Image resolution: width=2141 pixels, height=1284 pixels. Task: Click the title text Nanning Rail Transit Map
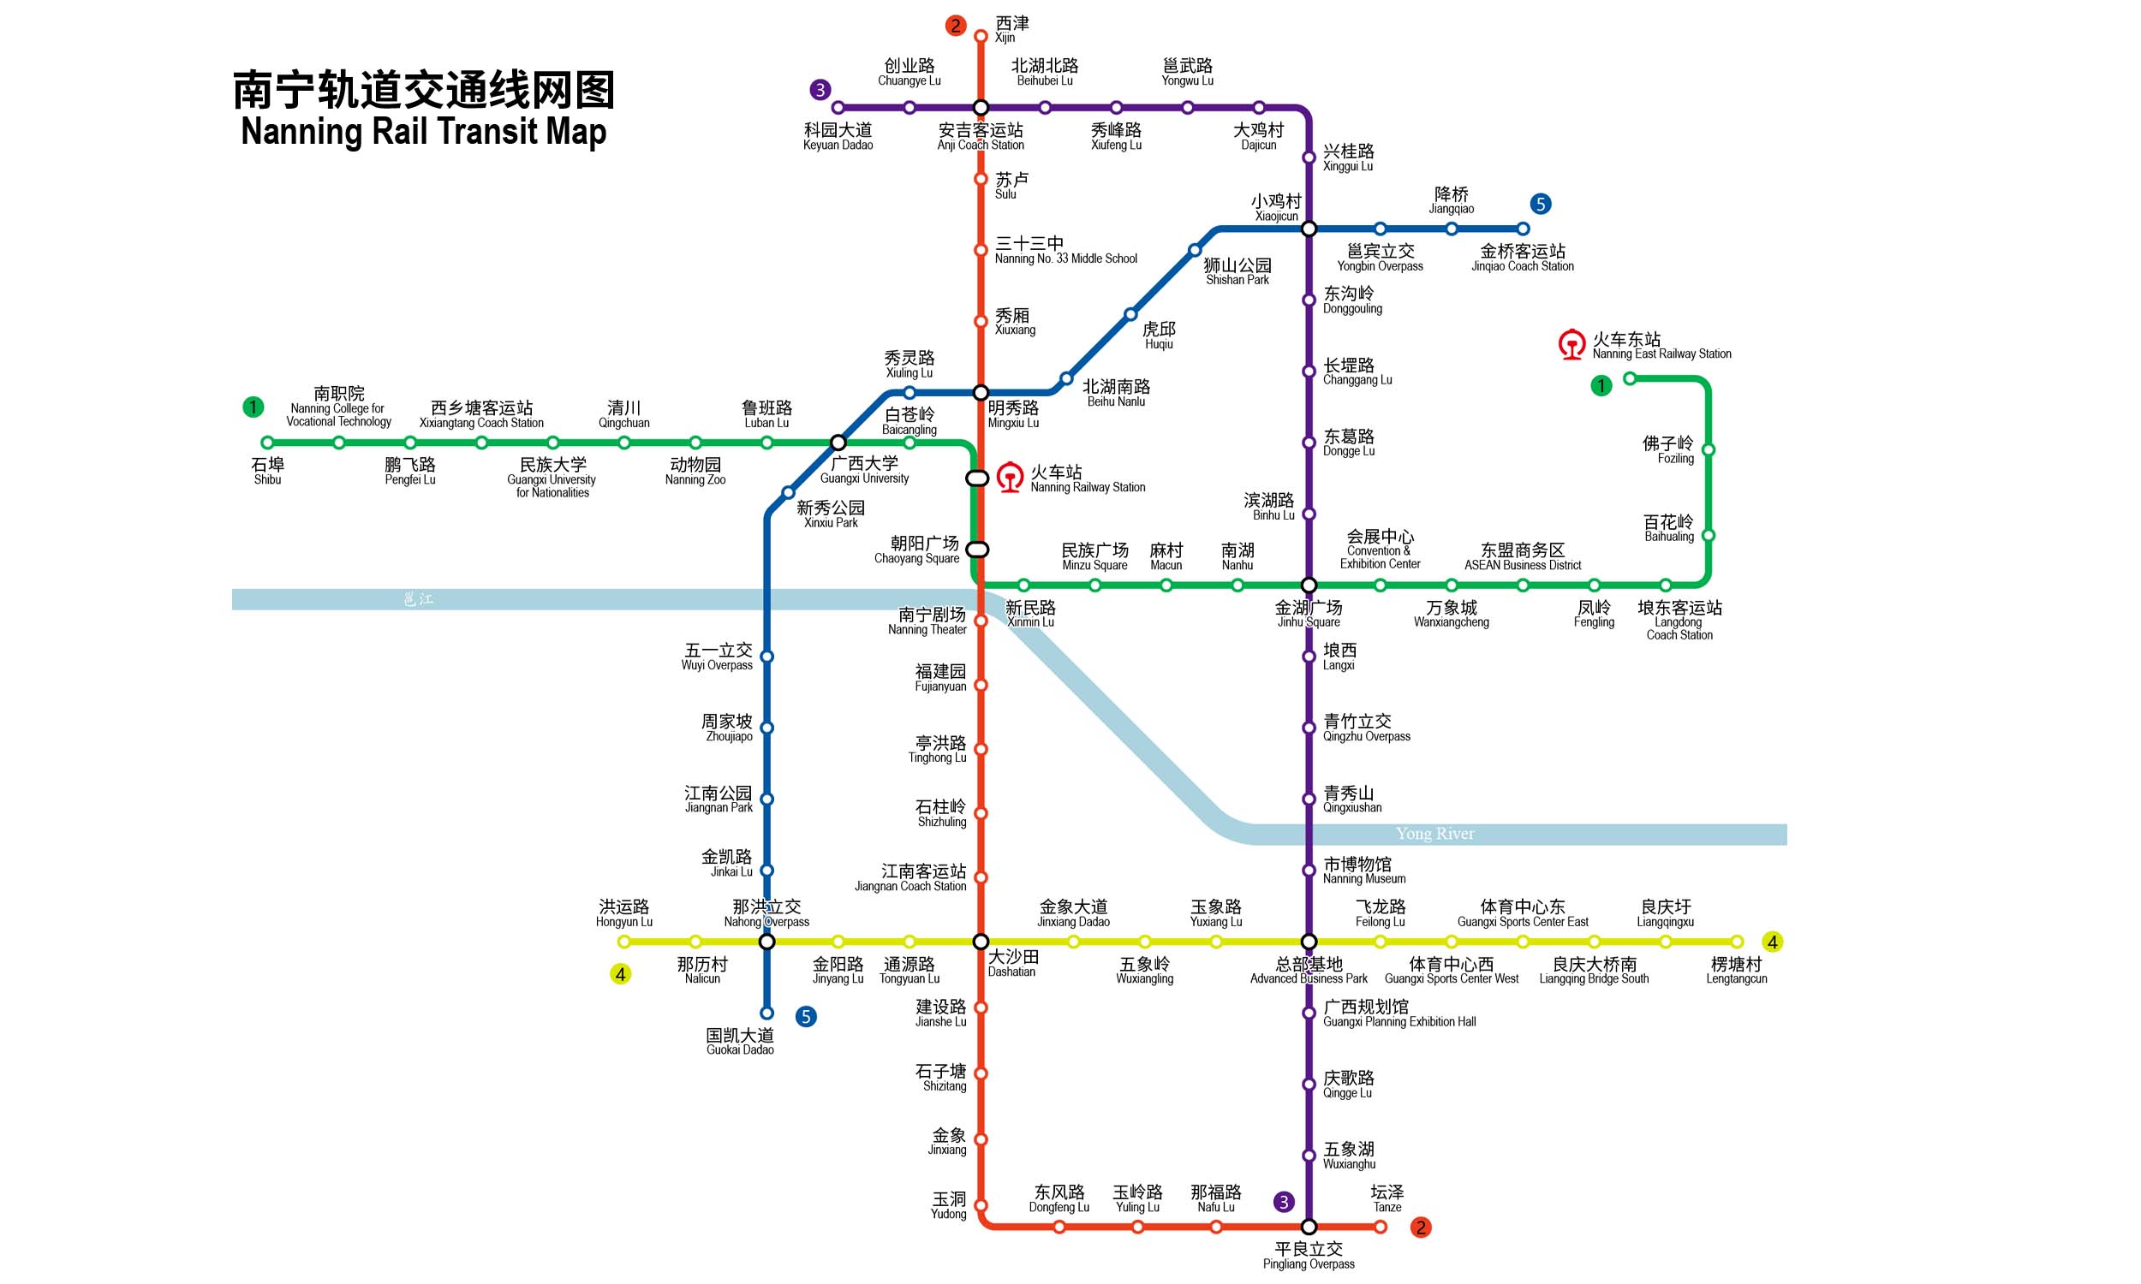pos(423,132)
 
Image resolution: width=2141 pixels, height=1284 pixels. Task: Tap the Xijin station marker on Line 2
pos(981,36)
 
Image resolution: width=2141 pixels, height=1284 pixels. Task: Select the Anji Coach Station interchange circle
pos(981,108)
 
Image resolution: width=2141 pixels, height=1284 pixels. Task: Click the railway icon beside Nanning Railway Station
pos(1010,478)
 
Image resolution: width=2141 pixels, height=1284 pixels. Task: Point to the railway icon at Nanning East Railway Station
pos(1571,344)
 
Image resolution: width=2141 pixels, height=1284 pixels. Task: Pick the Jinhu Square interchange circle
pos(1309,586)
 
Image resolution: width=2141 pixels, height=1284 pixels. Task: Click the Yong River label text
pos(1434,834)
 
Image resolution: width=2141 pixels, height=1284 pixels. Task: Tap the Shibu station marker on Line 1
pos(267,443)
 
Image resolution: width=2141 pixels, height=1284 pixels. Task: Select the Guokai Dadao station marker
pos(766,1014)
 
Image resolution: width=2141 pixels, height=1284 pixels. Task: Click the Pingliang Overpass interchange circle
pos(1309,1227)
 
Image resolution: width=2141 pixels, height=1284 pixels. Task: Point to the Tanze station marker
pos(1381,1227)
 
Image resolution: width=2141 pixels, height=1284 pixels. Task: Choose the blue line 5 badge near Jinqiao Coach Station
pos(1541,205)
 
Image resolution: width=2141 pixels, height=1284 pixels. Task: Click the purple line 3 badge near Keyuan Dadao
pos(820,89)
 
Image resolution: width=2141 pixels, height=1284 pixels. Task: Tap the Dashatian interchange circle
pos(981,942)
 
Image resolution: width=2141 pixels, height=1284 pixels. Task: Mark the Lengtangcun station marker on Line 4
pos(1737,942)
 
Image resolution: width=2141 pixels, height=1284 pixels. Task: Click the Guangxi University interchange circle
pos(838,443)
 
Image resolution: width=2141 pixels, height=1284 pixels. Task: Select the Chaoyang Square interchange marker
pos(977,550)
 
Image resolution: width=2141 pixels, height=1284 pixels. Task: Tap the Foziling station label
pos(1667,450)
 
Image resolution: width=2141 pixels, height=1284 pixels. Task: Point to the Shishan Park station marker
pos(1195,251)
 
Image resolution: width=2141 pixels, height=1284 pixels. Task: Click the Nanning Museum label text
pos(1364,871)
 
